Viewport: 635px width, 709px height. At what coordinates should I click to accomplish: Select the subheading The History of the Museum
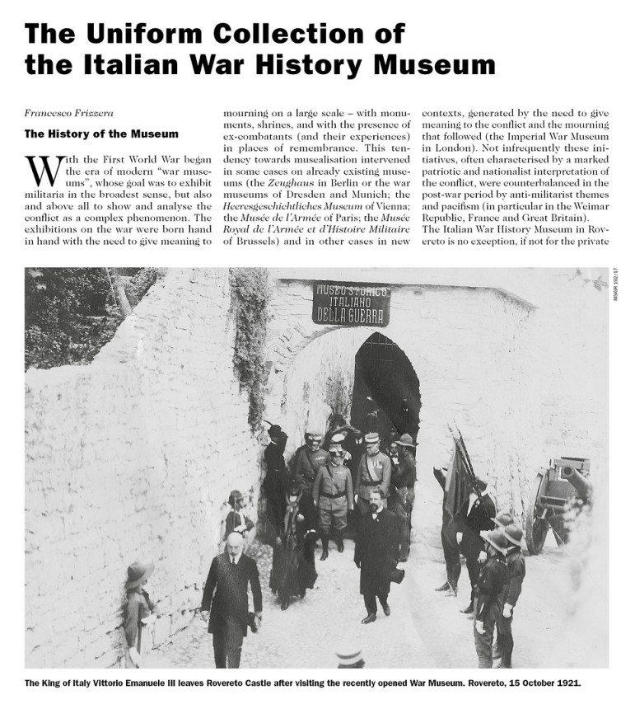pyautogui.click(x=100, y=133)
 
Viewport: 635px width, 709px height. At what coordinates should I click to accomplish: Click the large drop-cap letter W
pyautogui.click(x=42, y=171)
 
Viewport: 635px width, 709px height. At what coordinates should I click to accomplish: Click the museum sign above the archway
pyautogui.click(x=351, y=303)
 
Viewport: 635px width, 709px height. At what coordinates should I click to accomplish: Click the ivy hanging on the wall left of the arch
pyautogui.click(x=252, y=346)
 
